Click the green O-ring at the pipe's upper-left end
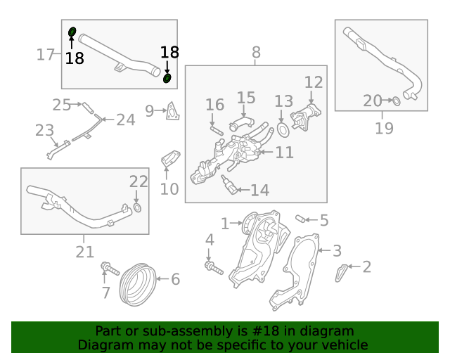point(72,32)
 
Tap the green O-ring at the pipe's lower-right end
point(167,78)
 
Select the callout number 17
point(45,54)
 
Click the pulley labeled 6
point(138,285)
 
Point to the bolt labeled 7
point(110,268)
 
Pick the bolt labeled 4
point(214,268)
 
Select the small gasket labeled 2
point(340,273)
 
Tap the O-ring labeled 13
point(283,130)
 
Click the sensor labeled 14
point(229,185)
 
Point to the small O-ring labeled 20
point(397,101)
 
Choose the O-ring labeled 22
point(138,207)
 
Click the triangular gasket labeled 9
point(173,111)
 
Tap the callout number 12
point(314,82)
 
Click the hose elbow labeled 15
point(242,123)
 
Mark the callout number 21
point(84,252)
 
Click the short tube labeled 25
point(88,108)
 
